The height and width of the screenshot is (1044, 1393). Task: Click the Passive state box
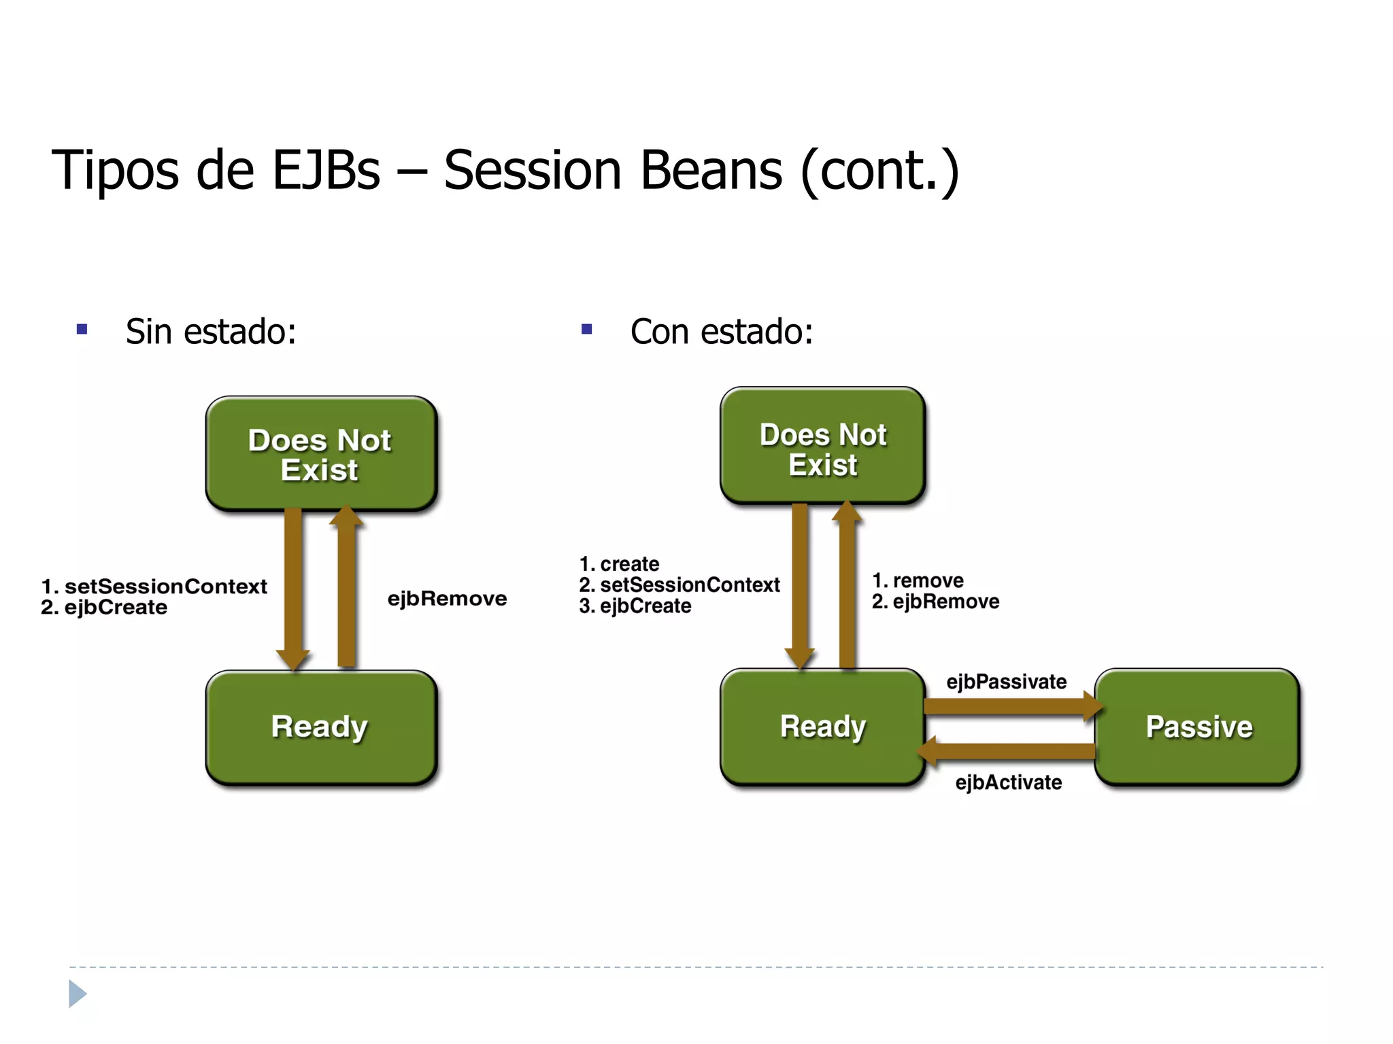[1197, 727]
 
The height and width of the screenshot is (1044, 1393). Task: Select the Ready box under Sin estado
[320, 727]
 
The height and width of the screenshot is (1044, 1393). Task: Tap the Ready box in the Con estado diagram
[822, 727]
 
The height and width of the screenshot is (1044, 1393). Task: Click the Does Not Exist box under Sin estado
[320, 454]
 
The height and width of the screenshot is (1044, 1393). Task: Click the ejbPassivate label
[1006, 682]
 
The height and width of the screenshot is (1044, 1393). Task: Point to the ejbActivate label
[1008, 782]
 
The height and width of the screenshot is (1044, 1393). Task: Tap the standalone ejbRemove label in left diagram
[447, 598]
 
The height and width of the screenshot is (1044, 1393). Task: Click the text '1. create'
[619, 564]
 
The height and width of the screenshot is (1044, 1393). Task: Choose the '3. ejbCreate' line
[635, 606]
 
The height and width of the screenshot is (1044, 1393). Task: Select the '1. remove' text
[918, 580]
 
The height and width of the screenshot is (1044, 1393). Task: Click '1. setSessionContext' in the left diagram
[154, 586]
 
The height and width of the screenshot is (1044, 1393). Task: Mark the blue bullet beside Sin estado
[82, 330]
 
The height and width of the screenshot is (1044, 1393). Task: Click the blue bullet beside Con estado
[587, 330]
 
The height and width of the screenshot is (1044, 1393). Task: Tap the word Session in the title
[533, 170]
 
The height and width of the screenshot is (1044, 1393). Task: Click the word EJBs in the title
[326, 170]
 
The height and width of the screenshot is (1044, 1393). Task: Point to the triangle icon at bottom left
[78, 994]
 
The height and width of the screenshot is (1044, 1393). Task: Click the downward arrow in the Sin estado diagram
[293, 588]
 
